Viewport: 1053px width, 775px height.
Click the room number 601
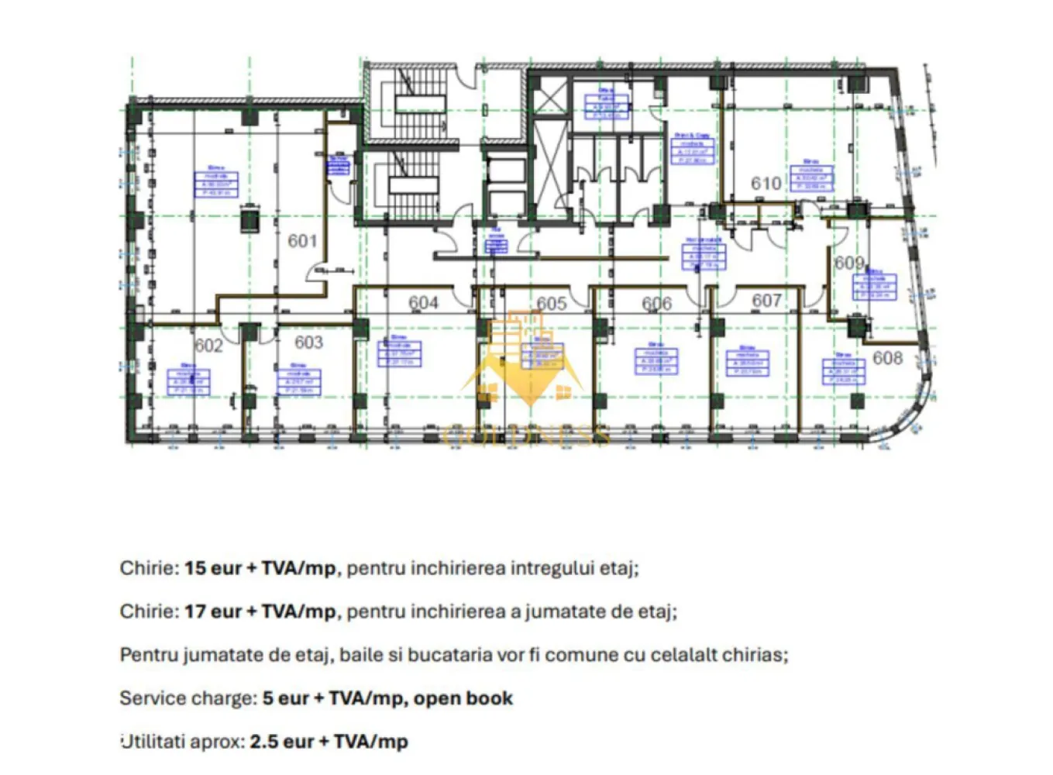[302, 241]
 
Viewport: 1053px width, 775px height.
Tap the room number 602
[208, 346]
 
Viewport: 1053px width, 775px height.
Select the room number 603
[308, 343]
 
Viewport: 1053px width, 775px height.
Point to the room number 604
[423, 303]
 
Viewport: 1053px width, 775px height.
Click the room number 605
[551, 304]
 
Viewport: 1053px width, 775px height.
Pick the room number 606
[656, 304]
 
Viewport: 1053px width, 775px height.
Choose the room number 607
[766, 300]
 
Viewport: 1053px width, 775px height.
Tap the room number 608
[887, 358]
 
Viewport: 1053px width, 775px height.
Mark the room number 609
[848, 263]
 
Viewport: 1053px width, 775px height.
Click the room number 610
[766, 184]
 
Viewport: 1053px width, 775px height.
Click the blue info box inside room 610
[810, 178]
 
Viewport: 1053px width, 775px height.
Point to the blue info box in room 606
[656, 360]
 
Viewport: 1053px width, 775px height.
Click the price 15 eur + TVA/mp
[260, 568]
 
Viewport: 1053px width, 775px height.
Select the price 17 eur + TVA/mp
[260, 611]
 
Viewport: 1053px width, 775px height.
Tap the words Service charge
[187, 698]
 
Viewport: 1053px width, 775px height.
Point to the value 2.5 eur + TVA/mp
[329, 742]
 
